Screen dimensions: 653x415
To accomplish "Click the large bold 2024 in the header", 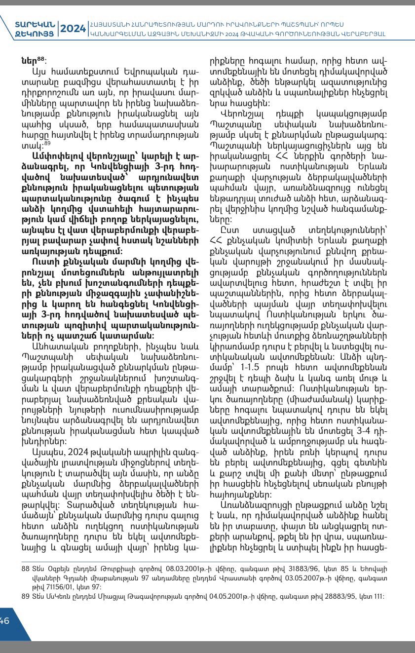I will pos(73,29).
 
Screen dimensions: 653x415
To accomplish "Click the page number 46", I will pos(5,621).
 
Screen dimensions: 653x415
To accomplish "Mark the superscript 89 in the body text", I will pos(48,143).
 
